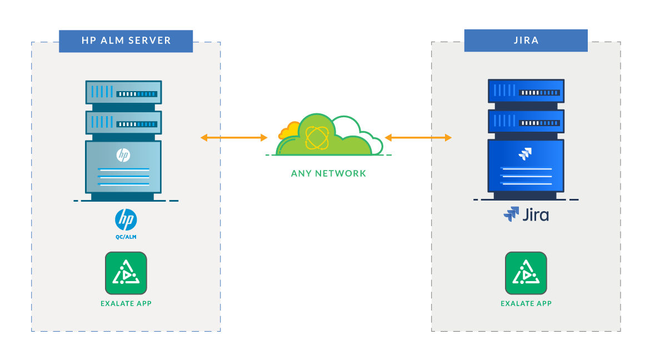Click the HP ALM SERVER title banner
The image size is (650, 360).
126,41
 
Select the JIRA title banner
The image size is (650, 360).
526,41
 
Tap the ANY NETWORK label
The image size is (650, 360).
328,173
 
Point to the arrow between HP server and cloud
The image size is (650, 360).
234,137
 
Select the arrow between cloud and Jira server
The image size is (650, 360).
418,137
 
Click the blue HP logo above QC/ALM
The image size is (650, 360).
126,219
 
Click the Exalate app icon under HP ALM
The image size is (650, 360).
126,273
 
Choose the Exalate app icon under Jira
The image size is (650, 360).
526,273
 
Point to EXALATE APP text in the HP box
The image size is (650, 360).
126,303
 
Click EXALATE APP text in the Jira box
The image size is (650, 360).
526,303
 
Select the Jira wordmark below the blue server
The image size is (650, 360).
526,214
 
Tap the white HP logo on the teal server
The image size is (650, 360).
123,155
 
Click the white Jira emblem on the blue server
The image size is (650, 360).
524,154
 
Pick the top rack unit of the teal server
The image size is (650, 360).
123,92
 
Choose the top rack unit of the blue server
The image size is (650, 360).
526,91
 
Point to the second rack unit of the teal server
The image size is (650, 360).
123,122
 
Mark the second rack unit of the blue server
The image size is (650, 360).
526,121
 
